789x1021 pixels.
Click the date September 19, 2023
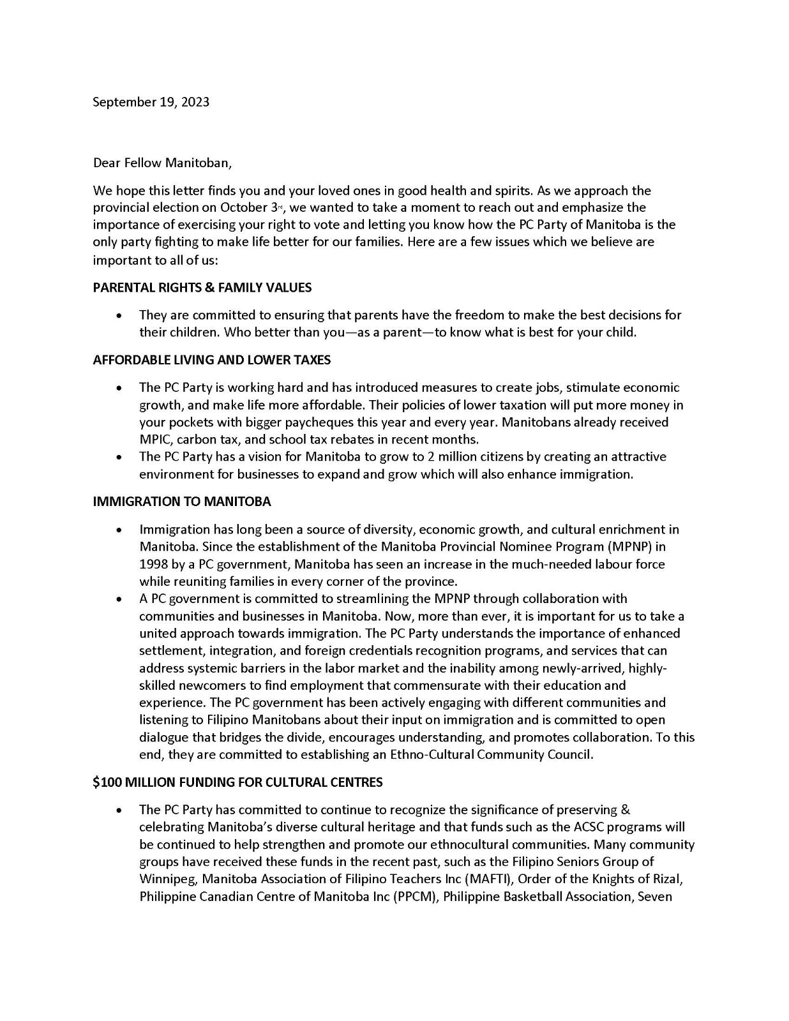[151, 102]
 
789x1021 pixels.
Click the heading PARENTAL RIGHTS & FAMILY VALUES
[202, 288]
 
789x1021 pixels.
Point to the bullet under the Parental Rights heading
[119, 316]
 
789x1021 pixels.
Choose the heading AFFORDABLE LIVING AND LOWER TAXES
[212, 360]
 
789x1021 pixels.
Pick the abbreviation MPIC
[155, 440]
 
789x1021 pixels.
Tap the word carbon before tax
[197, 440]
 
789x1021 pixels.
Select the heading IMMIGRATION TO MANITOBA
[182, 502]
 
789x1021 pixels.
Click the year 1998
[154, 564]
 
